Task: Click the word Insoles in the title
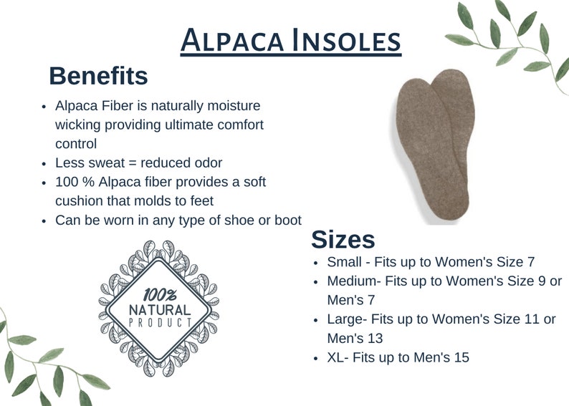[x=347, y=40]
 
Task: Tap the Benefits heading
[x=98, y=75]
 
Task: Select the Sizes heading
[x=343, y=239]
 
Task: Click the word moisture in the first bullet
[x=231, y=105]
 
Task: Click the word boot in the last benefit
[x=287, y=220]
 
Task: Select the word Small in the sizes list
[x=344, y=262]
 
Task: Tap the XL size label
[x=336, y=357]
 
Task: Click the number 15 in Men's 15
[x=461, y=357]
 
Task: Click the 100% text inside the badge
[x=160, y=294]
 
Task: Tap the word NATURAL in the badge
[x=159, y=309]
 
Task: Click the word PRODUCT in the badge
[x=159, y=323]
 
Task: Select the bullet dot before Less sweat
[x=44, y=163]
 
